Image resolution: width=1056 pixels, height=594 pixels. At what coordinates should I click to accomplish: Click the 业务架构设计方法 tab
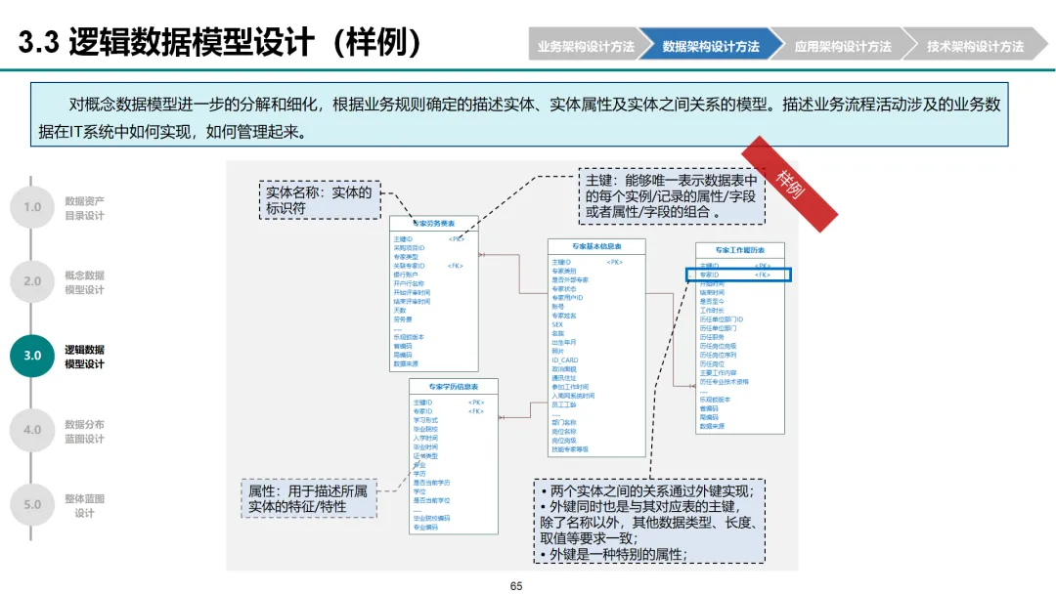click(585, 46)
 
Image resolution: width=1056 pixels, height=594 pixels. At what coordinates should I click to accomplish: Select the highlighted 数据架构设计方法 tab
click(711, 46)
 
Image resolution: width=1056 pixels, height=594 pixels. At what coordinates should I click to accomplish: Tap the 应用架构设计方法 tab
click(842, 46)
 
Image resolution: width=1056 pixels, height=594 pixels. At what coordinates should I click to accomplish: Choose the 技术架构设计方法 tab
click(974, 46)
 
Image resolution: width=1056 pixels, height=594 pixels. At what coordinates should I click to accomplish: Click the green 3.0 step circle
click(32, 356)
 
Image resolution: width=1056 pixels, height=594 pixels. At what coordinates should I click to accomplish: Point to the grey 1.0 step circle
click(32, 207)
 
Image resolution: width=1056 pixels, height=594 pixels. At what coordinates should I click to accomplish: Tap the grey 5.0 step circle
click(32, 504)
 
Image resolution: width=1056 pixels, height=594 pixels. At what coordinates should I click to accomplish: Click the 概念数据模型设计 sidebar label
click(84, 282)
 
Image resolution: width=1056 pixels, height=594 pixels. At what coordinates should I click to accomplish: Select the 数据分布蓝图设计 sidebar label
click(84, 432)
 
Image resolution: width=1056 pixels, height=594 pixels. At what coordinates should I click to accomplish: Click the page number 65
click(516, 586)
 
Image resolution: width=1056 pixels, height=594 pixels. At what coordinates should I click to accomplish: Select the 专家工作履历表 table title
click(739, 250)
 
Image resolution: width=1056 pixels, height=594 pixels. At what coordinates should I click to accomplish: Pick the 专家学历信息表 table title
click(453, 387)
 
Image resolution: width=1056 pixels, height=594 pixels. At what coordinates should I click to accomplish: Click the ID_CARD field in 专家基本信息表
click(564, 360)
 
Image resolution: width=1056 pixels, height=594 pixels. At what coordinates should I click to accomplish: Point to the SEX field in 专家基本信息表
click(557, 324)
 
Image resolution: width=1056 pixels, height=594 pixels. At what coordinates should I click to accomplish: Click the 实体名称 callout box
click(319, 199)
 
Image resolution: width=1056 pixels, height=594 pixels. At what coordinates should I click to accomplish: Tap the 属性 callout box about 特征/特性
click(307, 498)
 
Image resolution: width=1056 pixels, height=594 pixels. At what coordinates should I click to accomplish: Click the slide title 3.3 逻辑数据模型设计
click(221, 43)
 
